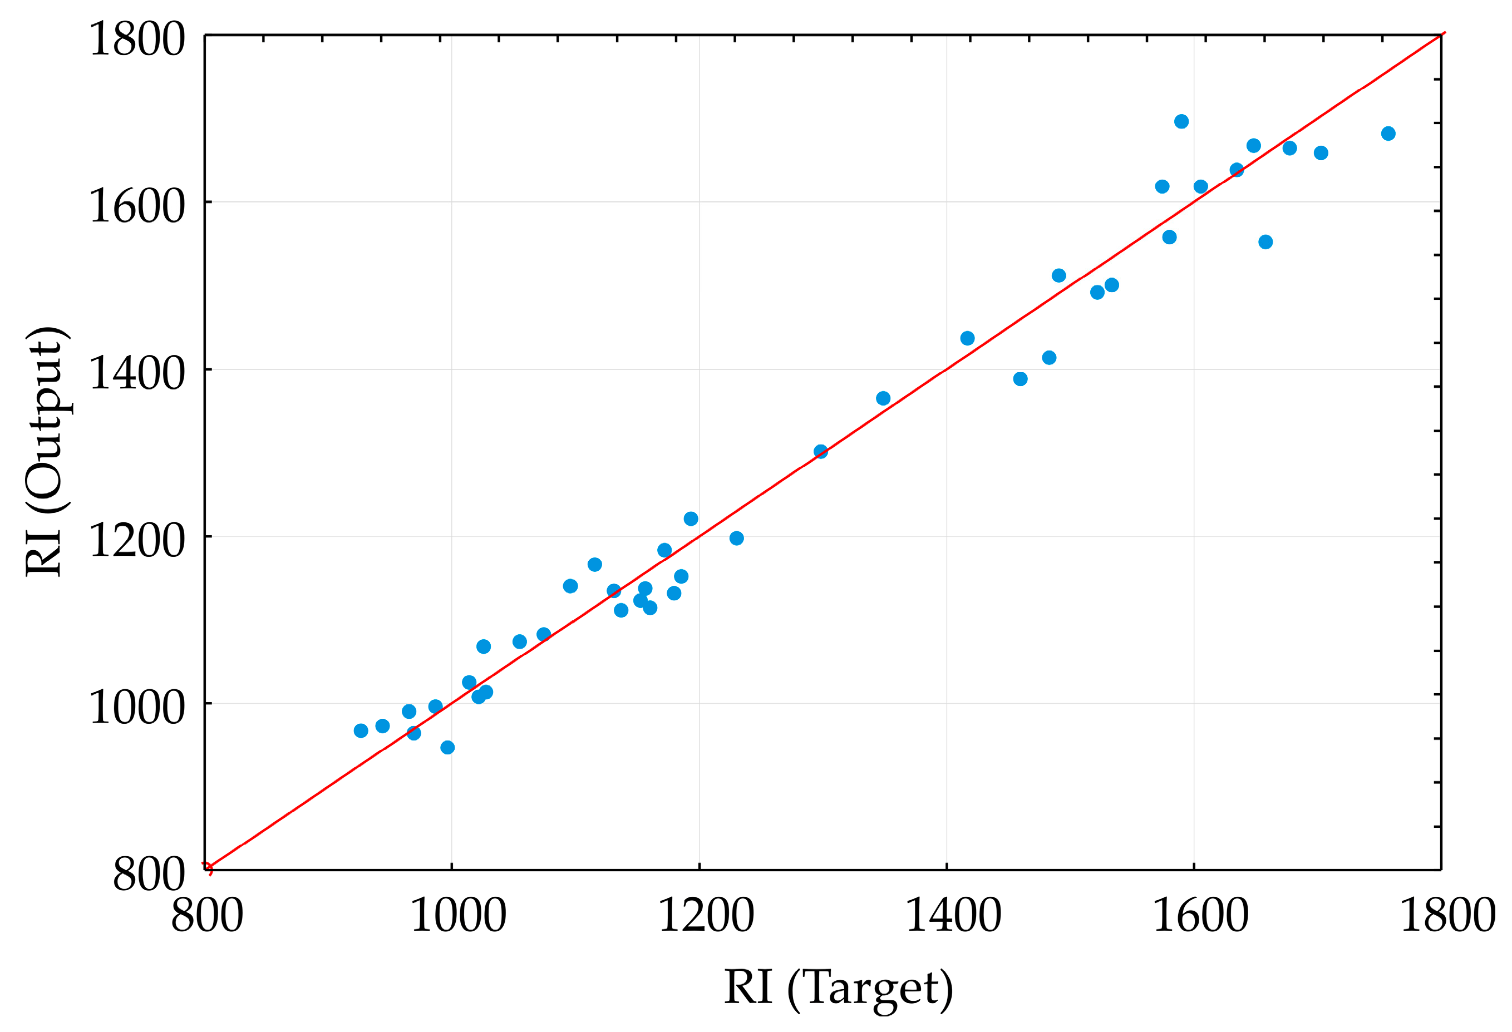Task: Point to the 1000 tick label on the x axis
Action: [x=458, y=915]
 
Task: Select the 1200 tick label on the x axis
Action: [x=706, y=915]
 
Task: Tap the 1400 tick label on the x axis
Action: [x=953, y=915]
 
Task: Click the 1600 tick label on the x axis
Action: [x=1200, y=915]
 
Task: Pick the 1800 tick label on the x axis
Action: [x=1447, y=915]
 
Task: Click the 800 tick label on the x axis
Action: [x=207, y=915]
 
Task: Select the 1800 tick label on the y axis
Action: [x=137, y=39]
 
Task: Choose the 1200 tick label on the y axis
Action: [x=137, y=540]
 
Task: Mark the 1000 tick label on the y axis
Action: [x=137, y=707]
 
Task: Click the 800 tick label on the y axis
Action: [x=149, y=874]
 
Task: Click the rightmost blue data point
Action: [x=1388, y=134]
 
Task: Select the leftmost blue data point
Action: [x=361, y=730]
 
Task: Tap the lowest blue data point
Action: [x=447, y=747]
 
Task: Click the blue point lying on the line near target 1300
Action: [x=820, y=451]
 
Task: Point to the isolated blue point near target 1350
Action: [x=883, y=398]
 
